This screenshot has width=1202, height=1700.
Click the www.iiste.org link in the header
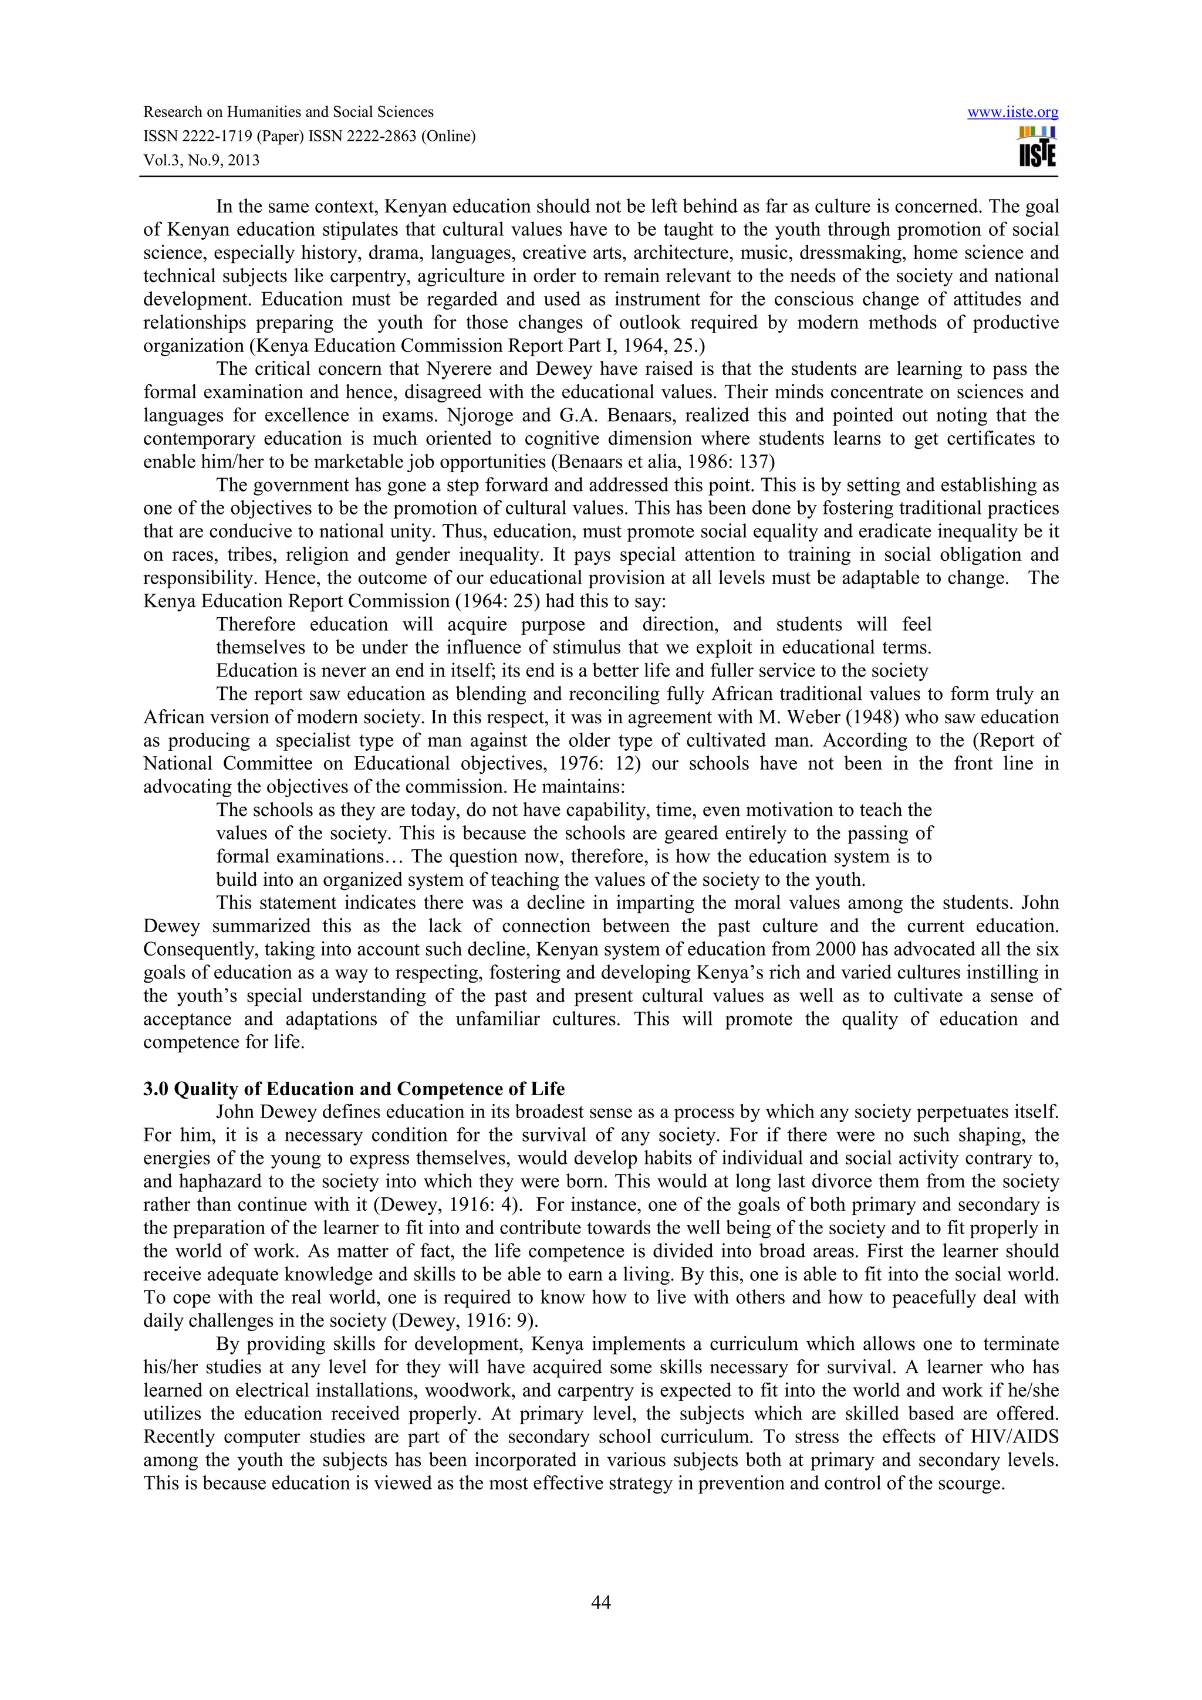point(1012,113)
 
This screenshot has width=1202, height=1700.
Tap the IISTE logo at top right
point(1037,147)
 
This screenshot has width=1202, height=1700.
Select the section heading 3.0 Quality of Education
point(353,1088)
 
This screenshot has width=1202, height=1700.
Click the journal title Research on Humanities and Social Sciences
point(288,113)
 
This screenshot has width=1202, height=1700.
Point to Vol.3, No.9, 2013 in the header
point(201,161)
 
